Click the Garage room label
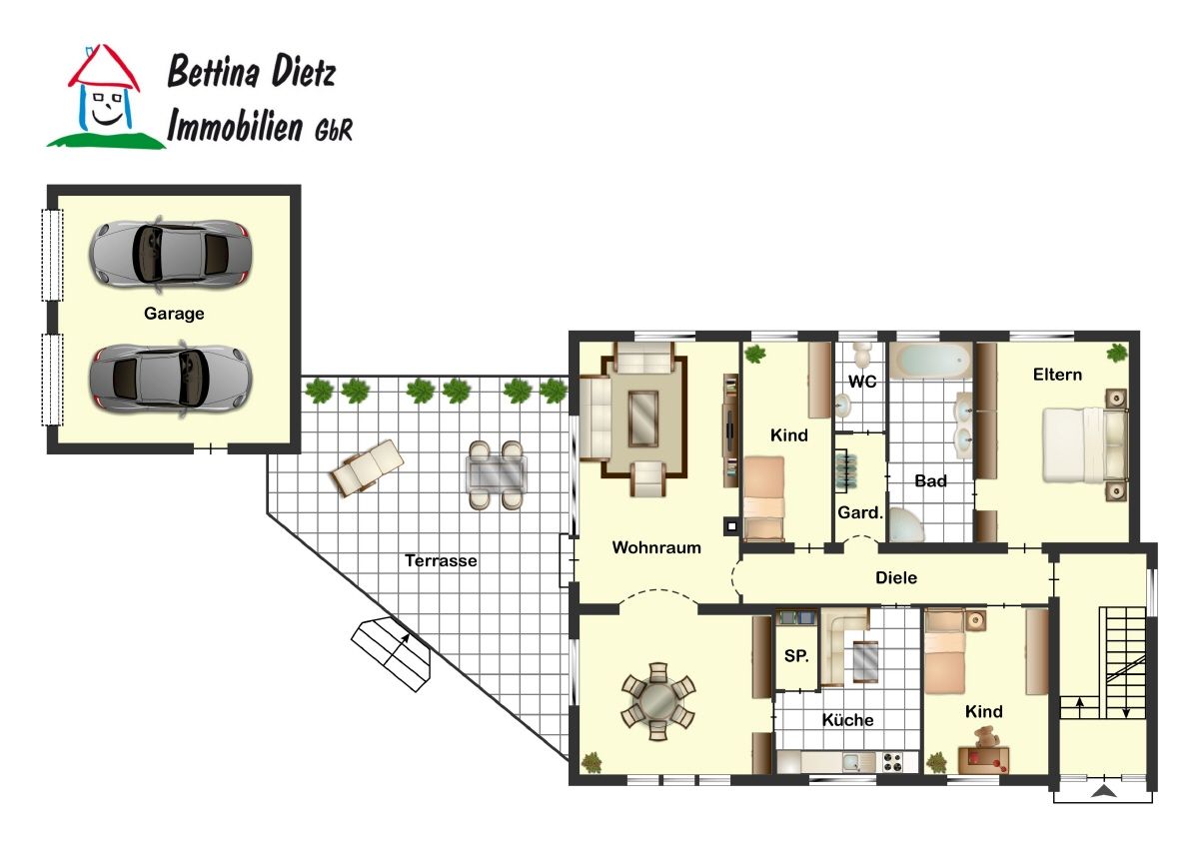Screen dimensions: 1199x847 (x=174, y=314)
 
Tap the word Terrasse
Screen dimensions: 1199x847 (x=441, y=560)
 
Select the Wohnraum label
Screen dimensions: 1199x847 (x=656, y=547)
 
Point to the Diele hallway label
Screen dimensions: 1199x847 (x=896, y=577)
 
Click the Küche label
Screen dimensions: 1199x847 (x=847, y=720)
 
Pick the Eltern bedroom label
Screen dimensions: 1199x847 (x=1057, y=375)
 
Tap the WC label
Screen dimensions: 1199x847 (x=862, y=382)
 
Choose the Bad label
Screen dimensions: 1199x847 (x=930, y=480)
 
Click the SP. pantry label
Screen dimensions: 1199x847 (x=796, y=656)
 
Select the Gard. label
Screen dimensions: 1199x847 (x=860, y=512)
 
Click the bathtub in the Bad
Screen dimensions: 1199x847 (x=931, y=362)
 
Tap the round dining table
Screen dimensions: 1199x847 (x=657, y=701)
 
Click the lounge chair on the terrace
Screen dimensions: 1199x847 (x=368, y=467)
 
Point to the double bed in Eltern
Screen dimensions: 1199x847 (x=1085, y=445)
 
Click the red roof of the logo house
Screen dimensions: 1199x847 (x=104, y=68)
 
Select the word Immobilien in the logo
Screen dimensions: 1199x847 (x=235, y=126)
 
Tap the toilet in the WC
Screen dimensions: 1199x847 (x=862, y=355)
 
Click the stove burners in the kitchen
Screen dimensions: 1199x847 (x=892, y=762)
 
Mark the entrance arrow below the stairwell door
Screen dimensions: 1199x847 (x=1104, y=791)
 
